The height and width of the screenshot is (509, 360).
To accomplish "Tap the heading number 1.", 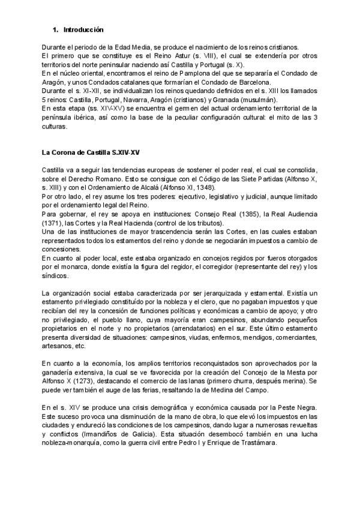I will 55,29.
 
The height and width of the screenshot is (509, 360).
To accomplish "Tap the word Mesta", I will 288,373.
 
